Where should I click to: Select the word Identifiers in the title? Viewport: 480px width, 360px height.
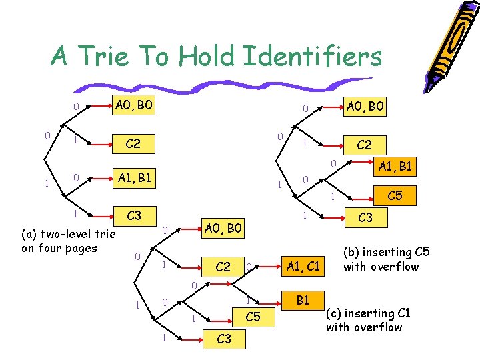313,57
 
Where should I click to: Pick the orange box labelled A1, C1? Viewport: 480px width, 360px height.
303,267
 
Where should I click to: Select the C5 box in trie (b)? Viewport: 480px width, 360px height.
394,195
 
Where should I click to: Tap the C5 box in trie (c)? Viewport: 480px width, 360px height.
253,317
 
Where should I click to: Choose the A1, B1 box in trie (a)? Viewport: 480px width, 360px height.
134,177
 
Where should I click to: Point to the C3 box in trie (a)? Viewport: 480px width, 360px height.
134,215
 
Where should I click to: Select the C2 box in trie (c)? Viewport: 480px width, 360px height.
223,267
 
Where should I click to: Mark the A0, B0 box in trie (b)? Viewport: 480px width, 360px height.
364,106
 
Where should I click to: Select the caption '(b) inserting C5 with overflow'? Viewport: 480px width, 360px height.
381,259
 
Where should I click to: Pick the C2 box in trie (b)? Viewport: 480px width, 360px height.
364,144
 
